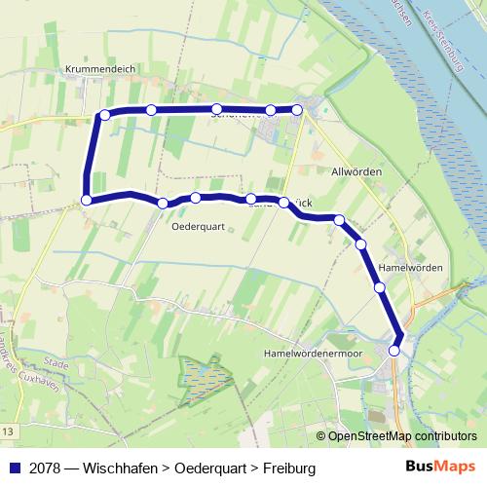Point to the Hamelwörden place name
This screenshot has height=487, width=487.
tap(410, 267)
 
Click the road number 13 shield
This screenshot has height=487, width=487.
tap(8, 431)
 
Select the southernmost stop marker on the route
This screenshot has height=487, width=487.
tap(394, 351)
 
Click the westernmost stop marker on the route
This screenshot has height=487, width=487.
tap(87, 200)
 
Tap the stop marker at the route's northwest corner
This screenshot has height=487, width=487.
tap(104, 115)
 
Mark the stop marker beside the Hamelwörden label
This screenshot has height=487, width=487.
tap(379, 287)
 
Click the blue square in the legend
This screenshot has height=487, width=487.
tap(15, 468)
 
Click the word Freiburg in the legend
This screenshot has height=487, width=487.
tap(286, 468)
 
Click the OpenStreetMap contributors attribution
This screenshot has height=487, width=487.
tap(401, 436)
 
